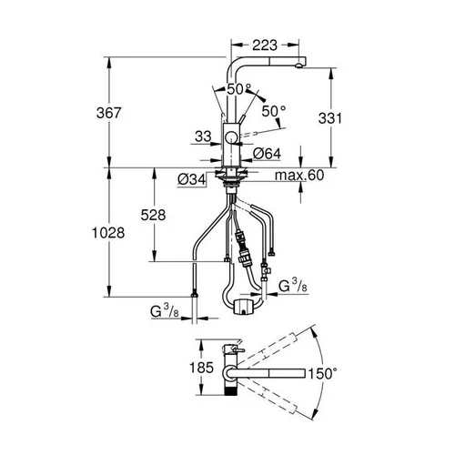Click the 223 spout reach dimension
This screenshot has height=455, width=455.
(x=265, y=45)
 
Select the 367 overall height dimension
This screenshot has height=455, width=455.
(x=109, y=113)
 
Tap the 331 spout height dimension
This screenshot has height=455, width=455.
(x=330, y=118)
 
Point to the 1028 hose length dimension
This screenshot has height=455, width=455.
(x=108, y=233)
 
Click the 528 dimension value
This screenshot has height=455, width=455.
(x=153, y=215)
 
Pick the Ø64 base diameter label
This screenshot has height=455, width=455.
(x=267, y=154)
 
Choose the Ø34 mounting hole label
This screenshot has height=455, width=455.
(x=192, y=180)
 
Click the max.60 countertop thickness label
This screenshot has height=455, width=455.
(x=299, y=176)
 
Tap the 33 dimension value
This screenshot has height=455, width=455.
(x=203, y=136)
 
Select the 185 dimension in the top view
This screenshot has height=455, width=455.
(x=202, y=368)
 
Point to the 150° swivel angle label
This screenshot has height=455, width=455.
(x=322, y=373)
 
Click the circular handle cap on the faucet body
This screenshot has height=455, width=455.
(x=231, y=138)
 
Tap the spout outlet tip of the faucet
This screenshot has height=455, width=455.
(x=299, y=66)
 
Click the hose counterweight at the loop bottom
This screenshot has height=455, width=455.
(x=244, y=307)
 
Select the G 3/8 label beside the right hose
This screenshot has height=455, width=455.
(x=293, y=287)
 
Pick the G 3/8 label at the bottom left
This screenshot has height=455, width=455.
(x=165, y=311)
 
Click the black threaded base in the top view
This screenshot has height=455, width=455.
(x=231, y=389)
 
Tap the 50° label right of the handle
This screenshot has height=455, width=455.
(x=274, y=111)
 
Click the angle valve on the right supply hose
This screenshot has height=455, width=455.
(x=266, y=270)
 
